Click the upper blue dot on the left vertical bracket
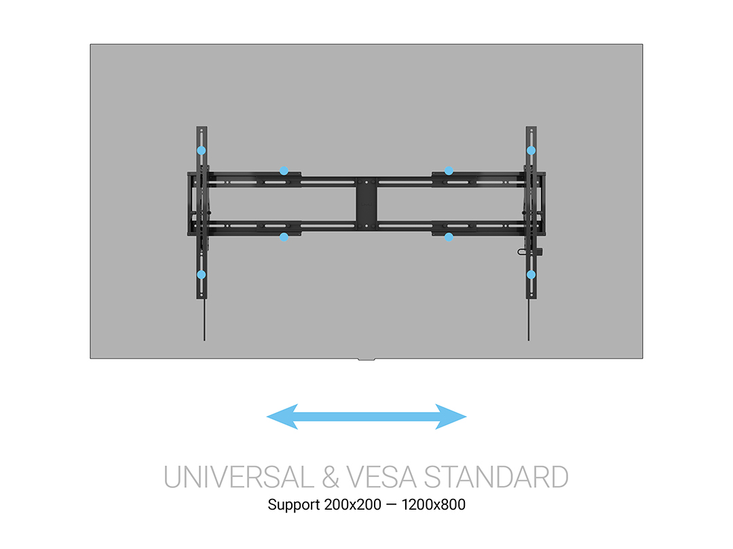tap(202, 150)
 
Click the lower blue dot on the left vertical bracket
tap(202, 274)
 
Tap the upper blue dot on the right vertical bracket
tap(531, 150)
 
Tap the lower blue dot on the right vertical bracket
tap(531, 274)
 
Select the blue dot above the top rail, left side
tap(284, 171)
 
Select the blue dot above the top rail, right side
tap(449, 171)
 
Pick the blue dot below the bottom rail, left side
tap(284, 237)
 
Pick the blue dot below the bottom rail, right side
tap(449, 237)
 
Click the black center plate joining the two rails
tap(366, 203)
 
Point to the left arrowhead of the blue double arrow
tap(282, 416)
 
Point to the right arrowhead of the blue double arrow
tap(451, 416)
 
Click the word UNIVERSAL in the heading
tap(239, 477)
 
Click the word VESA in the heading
tap(381, 477)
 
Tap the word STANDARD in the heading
tap(496, 477)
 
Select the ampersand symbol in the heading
tap(330, 477)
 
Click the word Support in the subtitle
tap(294, 505)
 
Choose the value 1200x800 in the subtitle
tap(433, 505)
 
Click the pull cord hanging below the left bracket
tap(204, 320)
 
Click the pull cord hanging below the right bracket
tap(529, 320)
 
